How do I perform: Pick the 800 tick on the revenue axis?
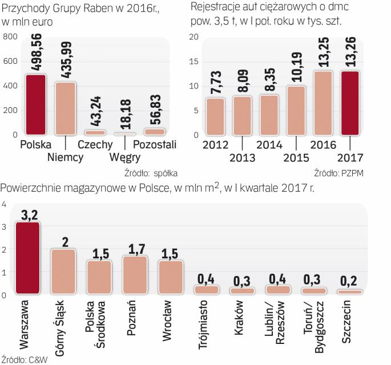(10, 37)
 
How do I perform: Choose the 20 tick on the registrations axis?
(194, 37)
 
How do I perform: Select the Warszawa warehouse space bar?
(27, 258)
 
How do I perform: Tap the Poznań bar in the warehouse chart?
(135, 275)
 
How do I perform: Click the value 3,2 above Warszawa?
(27, 214)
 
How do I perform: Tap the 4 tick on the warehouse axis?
(4, 204)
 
